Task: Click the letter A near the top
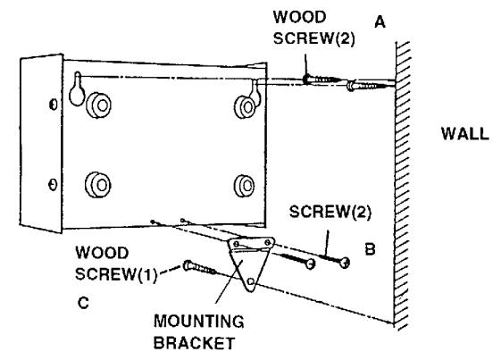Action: pos(380,22)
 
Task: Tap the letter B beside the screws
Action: pos(370,249)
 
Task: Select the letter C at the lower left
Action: pos(83,303)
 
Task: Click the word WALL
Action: pos(465,134)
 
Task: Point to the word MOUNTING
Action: pos(198,322)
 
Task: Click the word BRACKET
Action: pos(195,343)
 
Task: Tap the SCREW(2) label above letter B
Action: pos(330,212)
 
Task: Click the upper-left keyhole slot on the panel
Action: pos(77,89)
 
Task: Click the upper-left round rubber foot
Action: pos(98,105)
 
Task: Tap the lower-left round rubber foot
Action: pos(97,185)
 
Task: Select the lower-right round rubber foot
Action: pos(245,186)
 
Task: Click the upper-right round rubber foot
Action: pos(245,107)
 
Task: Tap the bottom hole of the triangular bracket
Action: pos(251,281)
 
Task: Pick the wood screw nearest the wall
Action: pos(370,85)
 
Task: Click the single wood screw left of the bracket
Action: pos(199,267)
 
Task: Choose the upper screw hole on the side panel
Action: pos(54,105)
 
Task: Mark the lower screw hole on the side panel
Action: pos(53,185)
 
